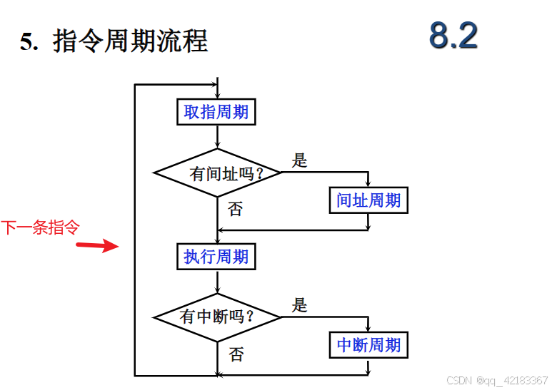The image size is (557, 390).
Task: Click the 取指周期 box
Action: (x=216, y=112)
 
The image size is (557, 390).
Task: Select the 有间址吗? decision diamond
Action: (x=217, y=173)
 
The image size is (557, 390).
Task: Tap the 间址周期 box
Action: (x=368, y=200)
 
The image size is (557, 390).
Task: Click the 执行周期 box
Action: (x=216, y=256)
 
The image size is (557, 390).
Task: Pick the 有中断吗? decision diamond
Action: (x=217, y=317)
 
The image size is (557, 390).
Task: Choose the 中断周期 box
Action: (x=368, y=345)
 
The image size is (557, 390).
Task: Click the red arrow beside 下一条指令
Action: (x=98, y=246)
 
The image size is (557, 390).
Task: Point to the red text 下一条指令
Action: (x=40, y=227)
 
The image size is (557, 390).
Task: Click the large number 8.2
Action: (x=453, y=35)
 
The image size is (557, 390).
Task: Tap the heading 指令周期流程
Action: (x=130, y=41)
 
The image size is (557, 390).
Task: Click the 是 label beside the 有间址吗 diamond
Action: (x=300, y=160)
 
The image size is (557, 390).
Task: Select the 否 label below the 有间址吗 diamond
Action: (x=235, y=208)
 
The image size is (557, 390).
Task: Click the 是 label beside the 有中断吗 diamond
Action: (x=300, y=305)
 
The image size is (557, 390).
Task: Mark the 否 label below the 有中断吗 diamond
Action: (x=236, y=354)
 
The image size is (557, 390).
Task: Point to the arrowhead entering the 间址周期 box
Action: (x=368, y=184)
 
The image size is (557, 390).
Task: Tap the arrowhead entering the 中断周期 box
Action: (x=368, y=328)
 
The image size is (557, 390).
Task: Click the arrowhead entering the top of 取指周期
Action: (x=216, y=96)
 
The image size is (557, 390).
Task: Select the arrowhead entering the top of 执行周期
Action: (x=216, y=240)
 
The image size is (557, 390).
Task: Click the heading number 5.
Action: (x=28, y=42)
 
